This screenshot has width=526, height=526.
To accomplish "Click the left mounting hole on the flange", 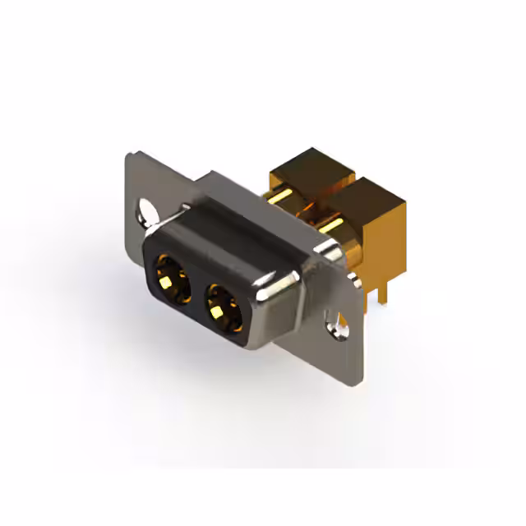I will coord(147,211).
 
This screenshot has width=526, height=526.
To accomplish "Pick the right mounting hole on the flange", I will coord(338,325).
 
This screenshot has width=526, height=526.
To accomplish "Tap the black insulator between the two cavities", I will coord(195,293).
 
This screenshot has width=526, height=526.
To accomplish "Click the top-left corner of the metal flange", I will coord(131,156).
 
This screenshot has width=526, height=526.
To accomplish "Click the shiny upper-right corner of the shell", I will coord(325,251).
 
